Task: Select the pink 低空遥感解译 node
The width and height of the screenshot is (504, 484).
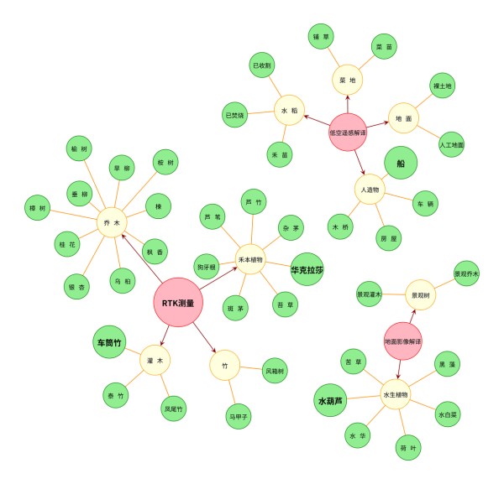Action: click(347, 133)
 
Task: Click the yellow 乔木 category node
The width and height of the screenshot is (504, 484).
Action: click(108, 223)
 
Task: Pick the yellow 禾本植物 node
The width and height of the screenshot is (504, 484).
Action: click(249, 260)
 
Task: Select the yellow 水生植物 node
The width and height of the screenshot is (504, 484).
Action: click(396, 394)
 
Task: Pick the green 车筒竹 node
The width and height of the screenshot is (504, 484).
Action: click(109, 343)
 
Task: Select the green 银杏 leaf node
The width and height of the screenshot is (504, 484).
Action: click(77, 287)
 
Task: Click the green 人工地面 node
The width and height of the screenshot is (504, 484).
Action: click(452, 144)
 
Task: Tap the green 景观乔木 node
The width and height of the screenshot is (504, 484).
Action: click(466, 273)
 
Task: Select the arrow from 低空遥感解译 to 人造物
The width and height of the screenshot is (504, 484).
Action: click(359, 162)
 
